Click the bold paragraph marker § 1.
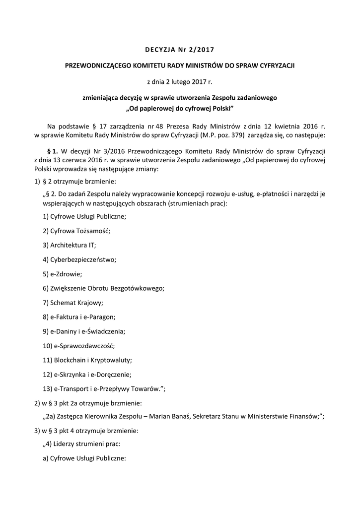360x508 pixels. coord(52,150)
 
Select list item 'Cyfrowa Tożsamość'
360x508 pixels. coord(76,231)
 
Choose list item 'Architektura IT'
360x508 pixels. coord(70,245)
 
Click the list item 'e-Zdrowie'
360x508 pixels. coord(63,274)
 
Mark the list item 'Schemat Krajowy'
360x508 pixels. coord(73,303)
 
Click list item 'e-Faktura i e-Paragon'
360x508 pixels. coord(80,317)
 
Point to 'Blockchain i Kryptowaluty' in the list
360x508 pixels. coord(87,360)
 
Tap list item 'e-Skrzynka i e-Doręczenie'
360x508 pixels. coord(89,375)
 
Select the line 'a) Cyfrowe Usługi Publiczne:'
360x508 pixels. coord(85,459)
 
